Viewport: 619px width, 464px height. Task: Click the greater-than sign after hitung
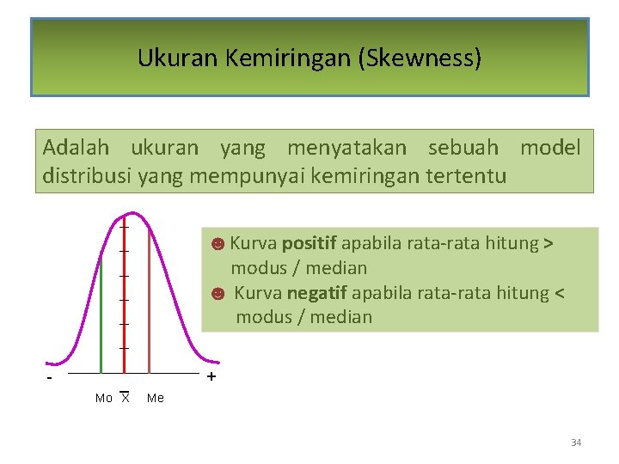coord(549,243)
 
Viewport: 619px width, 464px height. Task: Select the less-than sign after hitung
coord(560,293)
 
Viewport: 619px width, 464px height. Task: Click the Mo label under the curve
coord(103,398)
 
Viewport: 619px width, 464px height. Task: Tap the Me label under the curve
coord(156,398)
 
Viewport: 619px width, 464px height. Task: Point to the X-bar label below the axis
coord(125,397)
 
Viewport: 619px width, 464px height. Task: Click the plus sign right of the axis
coord(211,377)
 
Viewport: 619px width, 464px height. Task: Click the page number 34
coord(576,443)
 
